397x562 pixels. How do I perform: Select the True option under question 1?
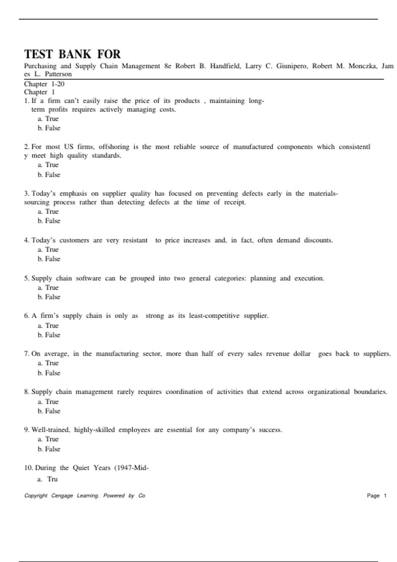click(x=48, y=119)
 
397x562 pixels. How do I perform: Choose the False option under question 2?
click(x=49, y=175)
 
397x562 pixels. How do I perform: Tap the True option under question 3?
click(x=48, y=211)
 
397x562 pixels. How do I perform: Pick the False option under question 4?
click(x=49, y=259)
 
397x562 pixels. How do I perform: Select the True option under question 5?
click(x=48, y=288)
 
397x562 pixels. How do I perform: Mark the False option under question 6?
click(x=49, y=335)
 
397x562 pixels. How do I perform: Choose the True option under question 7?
click(x=48, y=363)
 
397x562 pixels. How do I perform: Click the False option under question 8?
click(x=49, y=411)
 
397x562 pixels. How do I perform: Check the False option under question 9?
click(x=49, y=449)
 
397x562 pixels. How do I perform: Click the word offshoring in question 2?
click(x=114, y=147)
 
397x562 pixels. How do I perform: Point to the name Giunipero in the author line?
click(x=292, y=66)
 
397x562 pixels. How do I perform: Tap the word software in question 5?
click(x=88, y=278)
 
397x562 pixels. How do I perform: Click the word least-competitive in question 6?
click(x=214, y=316)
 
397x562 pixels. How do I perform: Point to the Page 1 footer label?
click(x=376, y=496)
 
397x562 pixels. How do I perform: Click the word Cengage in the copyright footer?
click(x=62, y=496)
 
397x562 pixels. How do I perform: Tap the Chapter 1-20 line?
click(x=44, y=84)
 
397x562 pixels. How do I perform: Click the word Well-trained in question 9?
click(x=51, y=430)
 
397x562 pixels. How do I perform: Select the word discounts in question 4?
click(x=318, y=240)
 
